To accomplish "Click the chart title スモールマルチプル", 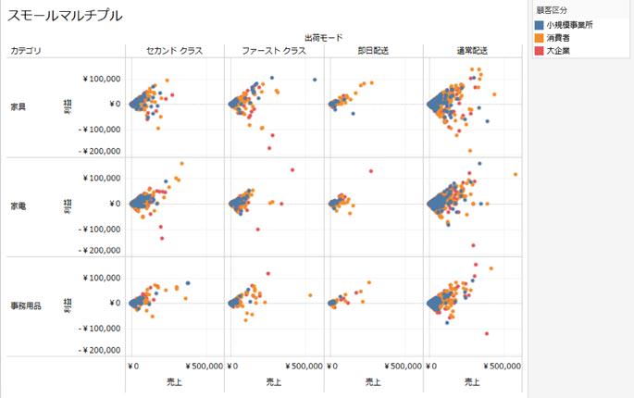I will [65, 16].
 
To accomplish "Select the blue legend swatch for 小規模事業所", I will [540, 24].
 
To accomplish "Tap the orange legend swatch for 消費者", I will [540, 37].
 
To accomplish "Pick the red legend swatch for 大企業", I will [540, 50].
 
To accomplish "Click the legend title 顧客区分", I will [553, 10].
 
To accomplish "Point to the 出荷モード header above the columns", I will [323, 38].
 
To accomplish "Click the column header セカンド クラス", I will [174, 50].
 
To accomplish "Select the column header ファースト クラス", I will [273, 50].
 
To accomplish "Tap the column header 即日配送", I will [372, 50].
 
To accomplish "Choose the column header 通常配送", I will [472, 50].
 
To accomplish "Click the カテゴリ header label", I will [25, 50].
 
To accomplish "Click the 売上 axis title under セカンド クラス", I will [173, 381].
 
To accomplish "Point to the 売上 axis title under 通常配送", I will [472, 381].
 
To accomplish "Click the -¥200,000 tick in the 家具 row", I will [99, 151].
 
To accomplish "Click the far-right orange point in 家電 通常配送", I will [516, 174].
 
